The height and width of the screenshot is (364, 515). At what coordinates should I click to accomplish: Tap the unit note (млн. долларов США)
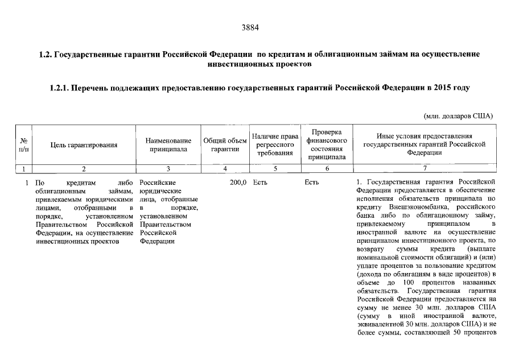click(459, 115)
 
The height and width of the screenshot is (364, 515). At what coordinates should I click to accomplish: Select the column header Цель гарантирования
click(84, 145)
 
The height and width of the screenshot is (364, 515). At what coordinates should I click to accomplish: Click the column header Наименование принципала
click(168, 145)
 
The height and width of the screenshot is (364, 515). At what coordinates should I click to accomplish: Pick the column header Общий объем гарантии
click(225, 145)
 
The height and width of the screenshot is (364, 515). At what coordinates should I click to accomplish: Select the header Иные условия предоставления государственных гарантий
click(424, 144)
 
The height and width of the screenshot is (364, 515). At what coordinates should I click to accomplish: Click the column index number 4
click(225, 168)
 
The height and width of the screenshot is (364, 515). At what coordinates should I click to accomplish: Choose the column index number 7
click(424, 168)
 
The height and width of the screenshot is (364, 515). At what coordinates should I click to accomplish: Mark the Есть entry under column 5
click(260, 183)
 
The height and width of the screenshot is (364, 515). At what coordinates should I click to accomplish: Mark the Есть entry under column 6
click(312, 183)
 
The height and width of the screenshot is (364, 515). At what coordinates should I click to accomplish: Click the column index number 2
click(84, 168)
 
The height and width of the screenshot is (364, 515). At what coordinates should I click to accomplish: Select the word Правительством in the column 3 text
click(165, 225)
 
